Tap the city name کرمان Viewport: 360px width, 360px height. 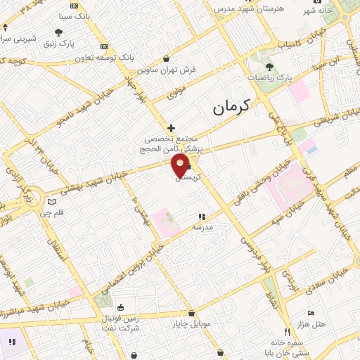(231, 108)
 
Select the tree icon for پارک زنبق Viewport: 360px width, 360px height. (58, 32)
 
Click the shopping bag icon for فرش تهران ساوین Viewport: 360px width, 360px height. (166, 59)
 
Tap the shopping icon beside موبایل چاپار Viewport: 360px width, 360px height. (191, 314)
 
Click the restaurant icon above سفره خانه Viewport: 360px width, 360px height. (286, 332)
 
